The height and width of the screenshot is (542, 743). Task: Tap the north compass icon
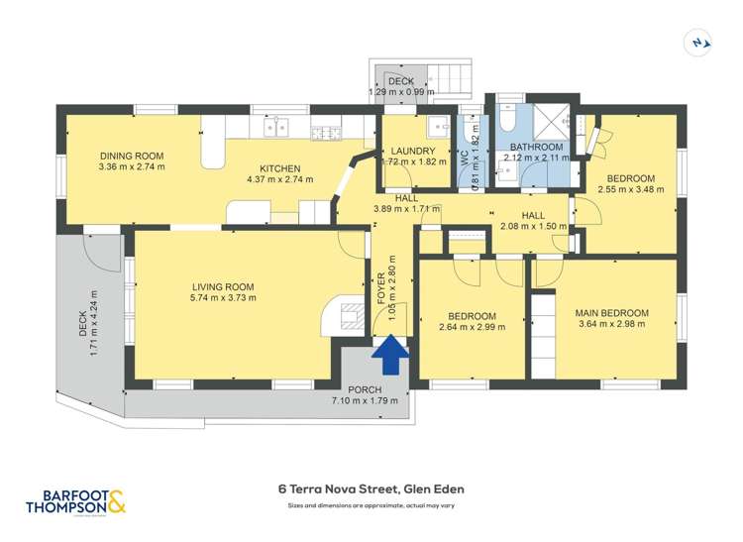click(701, 42)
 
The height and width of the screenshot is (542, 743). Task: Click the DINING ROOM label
click(131, 156)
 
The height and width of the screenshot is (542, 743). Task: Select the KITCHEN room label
click(279, 168)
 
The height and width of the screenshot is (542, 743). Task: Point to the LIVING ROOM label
click(224, 286)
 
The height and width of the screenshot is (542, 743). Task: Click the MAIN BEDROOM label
click(611, 314)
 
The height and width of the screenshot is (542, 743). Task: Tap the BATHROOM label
click(535, 146)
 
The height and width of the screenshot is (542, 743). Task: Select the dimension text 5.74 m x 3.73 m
click(224, 297)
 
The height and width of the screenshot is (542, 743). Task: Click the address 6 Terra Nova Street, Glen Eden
click(371, 488)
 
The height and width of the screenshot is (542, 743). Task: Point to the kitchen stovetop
click(326, 132)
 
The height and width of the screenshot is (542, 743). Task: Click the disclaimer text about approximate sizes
click(371, 505)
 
